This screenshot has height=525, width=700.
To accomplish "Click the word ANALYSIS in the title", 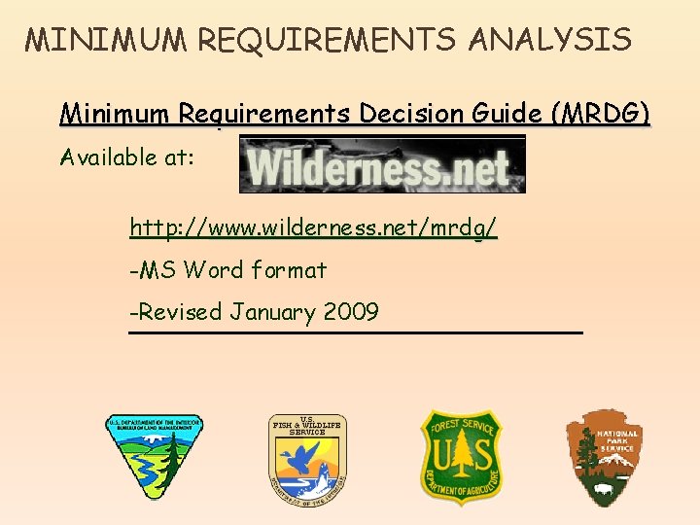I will tap(550, 40).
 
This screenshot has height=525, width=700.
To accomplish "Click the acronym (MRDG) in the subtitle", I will tap(602, 114).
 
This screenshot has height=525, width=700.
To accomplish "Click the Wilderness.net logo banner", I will tap(382, 164).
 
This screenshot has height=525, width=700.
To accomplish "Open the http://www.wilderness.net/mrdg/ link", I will tap(313, 228).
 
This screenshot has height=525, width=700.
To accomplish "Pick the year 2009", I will tap(350, 312).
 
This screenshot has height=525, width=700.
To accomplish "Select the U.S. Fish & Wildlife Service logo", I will tap(307, 457).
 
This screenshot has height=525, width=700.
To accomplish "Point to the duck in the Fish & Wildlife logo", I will tap(309, 457).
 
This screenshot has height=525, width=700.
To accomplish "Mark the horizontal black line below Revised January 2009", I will tap(356, 333).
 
